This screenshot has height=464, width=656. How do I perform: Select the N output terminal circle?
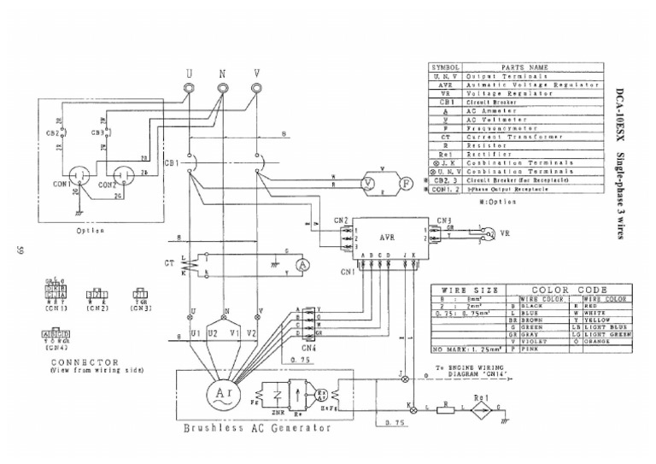[223, 90]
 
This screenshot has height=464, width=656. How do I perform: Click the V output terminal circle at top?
[257, 90]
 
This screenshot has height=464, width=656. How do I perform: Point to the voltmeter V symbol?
[366, 183]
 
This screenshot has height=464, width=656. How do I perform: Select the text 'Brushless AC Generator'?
[257, 428]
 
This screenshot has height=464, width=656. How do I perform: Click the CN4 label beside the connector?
[308, 348]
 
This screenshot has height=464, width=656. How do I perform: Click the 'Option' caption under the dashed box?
[90, 231]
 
